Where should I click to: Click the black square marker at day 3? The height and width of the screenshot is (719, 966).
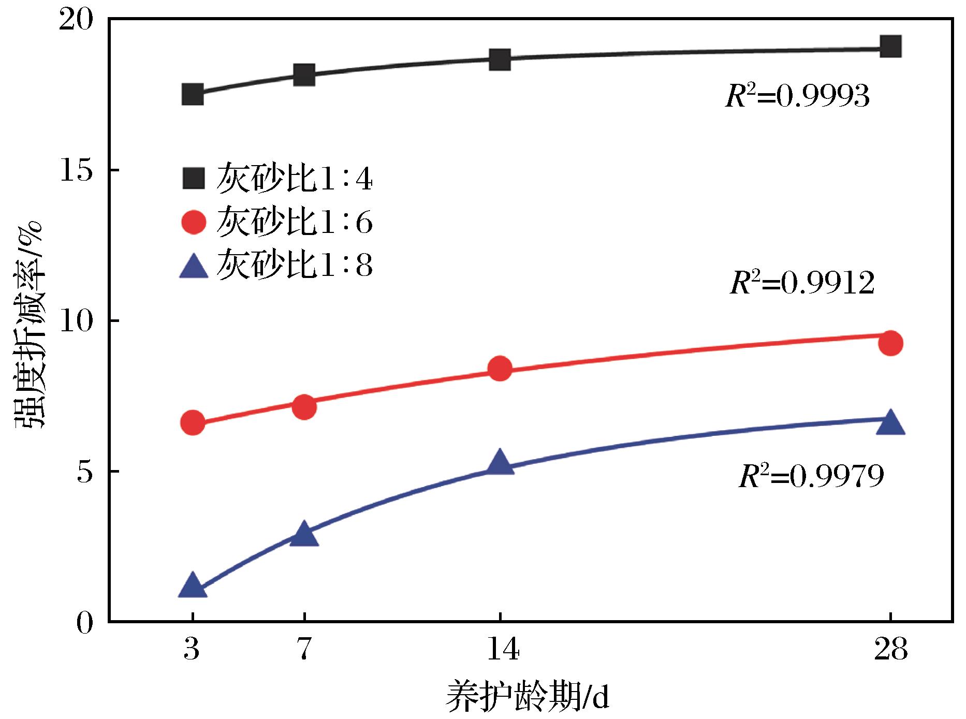tap(193, 95)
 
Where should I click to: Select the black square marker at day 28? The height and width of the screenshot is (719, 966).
tap(890, 47)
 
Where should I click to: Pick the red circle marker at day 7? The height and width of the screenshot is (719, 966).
tap(304, 407)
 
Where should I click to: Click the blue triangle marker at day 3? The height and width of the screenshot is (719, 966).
tap(193, 586)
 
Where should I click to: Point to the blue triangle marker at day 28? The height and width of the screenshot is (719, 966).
tap(890, 422)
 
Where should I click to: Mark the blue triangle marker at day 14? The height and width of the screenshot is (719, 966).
tap(500, 462)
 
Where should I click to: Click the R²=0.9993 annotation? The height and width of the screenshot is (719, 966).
tap(797, 96)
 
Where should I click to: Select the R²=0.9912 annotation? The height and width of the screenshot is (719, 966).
tap(802, 283)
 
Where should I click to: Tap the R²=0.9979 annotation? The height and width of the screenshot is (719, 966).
tap(811, 476)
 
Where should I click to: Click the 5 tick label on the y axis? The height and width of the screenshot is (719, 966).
tap(86, 472)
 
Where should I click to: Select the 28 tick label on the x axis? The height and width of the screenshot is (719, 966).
tap(890, 651)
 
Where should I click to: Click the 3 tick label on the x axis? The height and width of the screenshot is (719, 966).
tap(192, 651)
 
